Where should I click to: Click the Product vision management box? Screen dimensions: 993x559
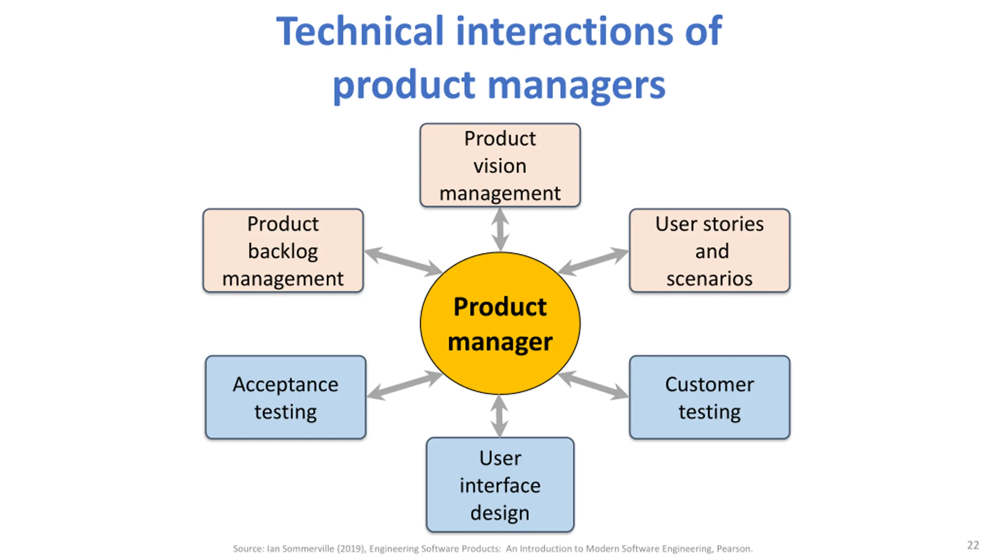tap(500, 165)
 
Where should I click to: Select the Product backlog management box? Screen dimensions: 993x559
tap(283, 250)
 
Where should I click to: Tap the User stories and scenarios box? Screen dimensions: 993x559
tap(709, 250)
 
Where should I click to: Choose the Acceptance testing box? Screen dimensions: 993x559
tap(285, 397)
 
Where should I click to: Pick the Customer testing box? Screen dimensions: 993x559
tap(709, 397)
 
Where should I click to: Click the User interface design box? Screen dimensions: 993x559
tap(500, 484)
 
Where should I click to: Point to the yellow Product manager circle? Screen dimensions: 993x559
tap(500, 323)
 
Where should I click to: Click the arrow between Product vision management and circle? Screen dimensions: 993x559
tap(500, 229)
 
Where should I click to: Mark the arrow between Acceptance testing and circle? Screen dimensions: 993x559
tap(405, 385)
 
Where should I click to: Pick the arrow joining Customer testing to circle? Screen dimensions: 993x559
tap(593, 385)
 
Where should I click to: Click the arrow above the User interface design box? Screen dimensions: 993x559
tap(500, 416)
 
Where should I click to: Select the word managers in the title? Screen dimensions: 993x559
tap(576, 86)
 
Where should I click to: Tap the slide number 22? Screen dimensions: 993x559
tap(973, 545)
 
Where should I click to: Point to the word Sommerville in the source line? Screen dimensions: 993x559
tap(308, 549)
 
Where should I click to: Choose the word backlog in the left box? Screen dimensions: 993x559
tap(283, 252)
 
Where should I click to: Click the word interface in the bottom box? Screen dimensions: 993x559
tap(500, 485)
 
